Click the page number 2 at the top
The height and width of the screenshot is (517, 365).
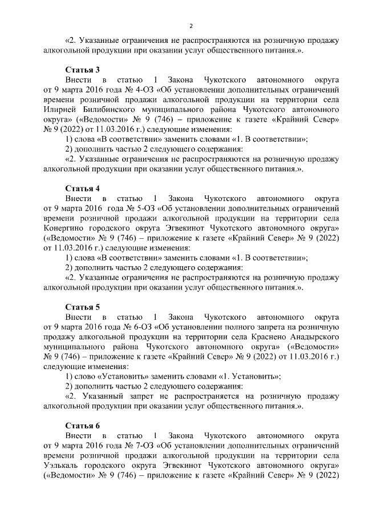[x=191, y=26]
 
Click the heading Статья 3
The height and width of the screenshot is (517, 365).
[x=82, y=69]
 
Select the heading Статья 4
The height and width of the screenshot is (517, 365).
[x=82, y=187]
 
